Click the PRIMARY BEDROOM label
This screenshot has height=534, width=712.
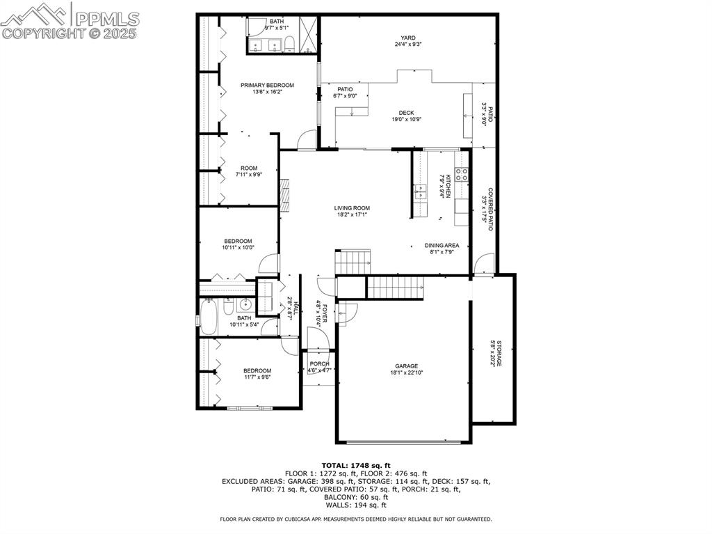coord(267,85)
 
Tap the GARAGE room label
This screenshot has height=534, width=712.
coord(407,366)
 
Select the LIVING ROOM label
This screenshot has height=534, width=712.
coord(352,207)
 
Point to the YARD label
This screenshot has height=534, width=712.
coord(407,38)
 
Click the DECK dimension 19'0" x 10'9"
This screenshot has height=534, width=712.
coord(407,119)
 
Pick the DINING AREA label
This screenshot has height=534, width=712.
coord(442,245)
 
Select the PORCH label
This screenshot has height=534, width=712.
coord(319,364)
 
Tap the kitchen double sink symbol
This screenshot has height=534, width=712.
coord(421,191)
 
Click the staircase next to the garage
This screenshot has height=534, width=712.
coord(394,286)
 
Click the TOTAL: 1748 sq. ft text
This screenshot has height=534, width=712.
coord(356,465)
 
